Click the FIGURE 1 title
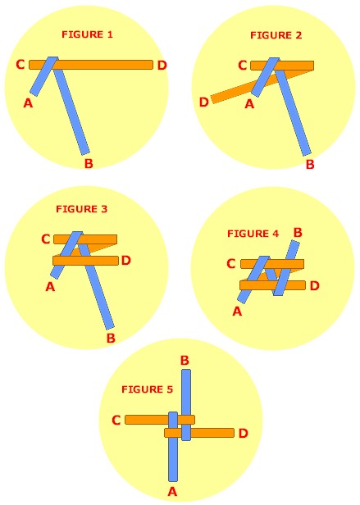[88, 34]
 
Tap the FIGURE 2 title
[276, 35]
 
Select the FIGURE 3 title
[81, 209]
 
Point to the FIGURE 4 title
[253, 234]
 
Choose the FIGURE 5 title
[148, 389]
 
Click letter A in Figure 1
[29, 103]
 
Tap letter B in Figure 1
[89, 163]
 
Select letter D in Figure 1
[162, 66]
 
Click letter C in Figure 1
[21, 65]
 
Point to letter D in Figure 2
[204, 102]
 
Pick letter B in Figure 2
[310, 164]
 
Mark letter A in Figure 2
[249, 104]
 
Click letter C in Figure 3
[46, 239]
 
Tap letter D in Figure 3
[126, 260]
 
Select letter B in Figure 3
[111, 338]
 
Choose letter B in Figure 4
[298, 233]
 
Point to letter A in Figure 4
[237, 312]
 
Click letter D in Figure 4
[315, 285]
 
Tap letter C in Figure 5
[116, 420]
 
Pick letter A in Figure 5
[173, 492]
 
